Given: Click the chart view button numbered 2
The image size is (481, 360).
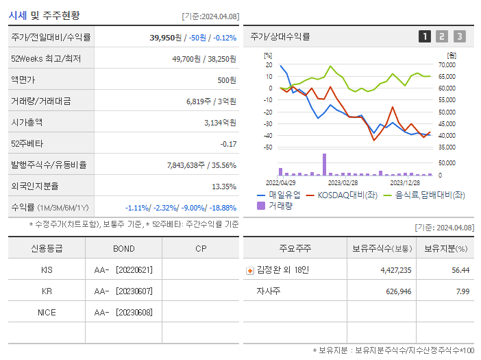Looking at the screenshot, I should (442, 36).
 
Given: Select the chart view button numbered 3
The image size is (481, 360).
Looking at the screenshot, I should (459, 36).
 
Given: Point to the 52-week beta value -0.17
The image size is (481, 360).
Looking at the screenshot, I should (228, 144).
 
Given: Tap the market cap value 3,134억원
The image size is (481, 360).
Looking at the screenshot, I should (220, 123).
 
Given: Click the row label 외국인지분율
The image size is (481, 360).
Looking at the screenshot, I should (35, 186).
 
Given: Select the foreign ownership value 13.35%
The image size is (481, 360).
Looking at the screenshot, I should (223, 186).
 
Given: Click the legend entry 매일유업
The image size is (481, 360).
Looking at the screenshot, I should (275, 195).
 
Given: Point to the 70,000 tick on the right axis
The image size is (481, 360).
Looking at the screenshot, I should (446, 64).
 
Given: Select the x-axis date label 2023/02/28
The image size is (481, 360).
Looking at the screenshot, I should (343, 183).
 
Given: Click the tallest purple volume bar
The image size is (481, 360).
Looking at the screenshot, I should (324, 165).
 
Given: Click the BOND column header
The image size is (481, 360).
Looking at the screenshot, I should (123, 248).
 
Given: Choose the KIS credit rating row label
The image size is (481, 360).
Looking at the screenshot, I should (47, 269).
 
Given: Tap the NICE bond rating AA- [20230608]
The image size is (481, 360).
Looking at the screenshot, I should (123, 313).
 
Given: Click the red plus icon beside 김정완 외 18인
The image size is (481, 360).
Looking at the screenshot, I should (249, 270).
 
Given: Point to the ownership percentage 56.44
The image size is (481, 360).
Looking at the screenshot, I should (460, 270).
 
